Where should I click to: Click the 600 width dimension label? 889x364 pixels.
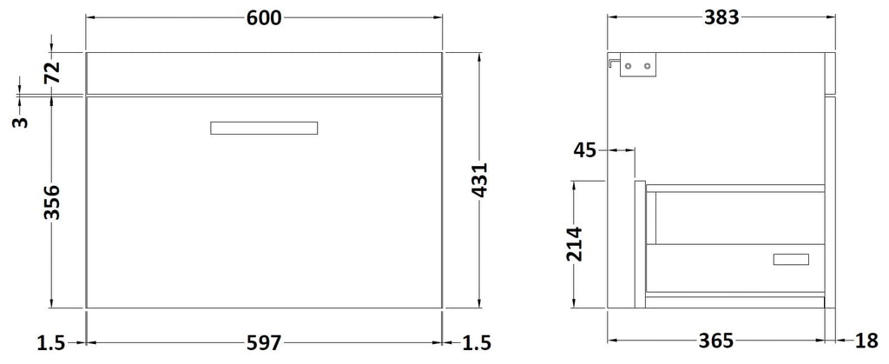pyautogui.click(x=264, y=18)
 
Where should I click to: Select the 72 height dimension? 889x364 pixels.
pyautogui.click(x=51, y=73)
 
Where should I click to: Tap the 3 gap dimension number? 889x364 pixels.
pyautogui.click(x=20, y=122)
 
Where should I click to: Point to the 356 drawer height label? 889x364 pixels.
pyautogui.click(x=51, y=202)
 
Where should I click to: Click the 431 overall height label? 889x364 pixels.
pyautogui.click(x=479, y=181)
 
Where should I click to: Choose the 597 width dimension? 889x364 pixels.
pyautogui.click(x=264, y=342)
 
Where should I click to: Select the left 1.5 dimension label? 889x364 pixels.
pyautogui.click(x=51, y=342)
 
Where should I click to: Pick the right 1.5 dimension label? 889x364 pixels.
pyautogui.click(x=476, y=342)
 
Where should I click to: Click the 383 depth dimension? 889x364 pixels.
pyautogui.click(x=721, y=18)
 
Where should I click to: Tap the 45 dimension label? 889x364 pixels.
pyautogui.click(x=584, y=150)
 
